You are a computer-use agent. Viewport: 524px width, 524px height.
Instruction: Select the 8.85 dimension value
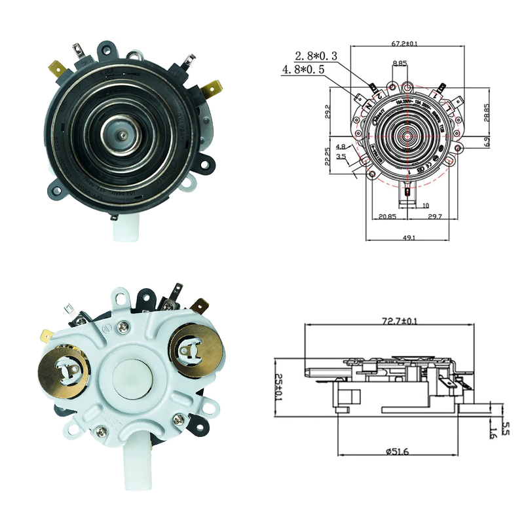point(400,64)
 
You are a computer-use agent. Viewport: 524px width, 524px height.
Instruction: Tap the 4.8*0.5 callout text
point(303,69)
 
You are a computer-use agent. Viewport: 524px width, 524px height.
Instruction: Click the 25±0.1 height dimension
point(278,386)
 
